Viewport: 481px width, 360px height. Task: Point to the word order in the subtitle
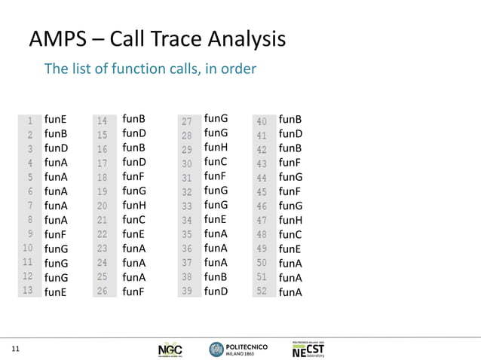pyautogui.click(x=237, y=69)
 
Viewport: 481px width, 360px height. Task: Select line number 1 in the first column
pyautogui.click(x=30, y=120)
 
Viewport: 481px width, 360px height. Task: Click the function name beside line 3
pyautogui.click(x=57, y=148)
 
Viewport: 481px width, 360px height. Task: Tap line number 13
pyautogui.click(x=28, y=291)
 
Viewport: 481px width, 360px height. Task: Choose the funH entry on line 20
pyautogui.click(x=134, y=206)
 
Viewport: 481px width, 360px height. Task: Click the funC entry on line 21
pyautogui.click(x=134, y=220)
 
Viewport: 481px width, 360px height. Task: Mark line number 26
pyautogui.click(x=102, y=291)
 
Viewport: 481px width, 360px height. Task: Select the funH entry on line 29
pyautogui.click(x=216, y=147)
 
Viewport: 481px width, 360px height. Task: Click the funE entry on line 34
pyautogui.click(x=216, y=219)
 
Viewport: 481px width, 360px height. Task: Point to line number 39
pyautogui.click(x=188, y=291)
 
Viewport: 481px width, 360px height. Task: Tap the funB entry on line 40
pyautogui.click(x=290, y=120)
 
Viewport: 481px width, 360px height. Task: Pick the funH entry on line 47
pyautogui.click(x=291, y=220)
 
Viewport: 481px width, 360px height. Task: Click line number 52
pyautogui.click(x=262, y=291)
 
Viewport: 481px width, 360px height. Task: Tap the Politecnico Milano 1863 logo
pyautogui.click(x=234, y=349)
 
